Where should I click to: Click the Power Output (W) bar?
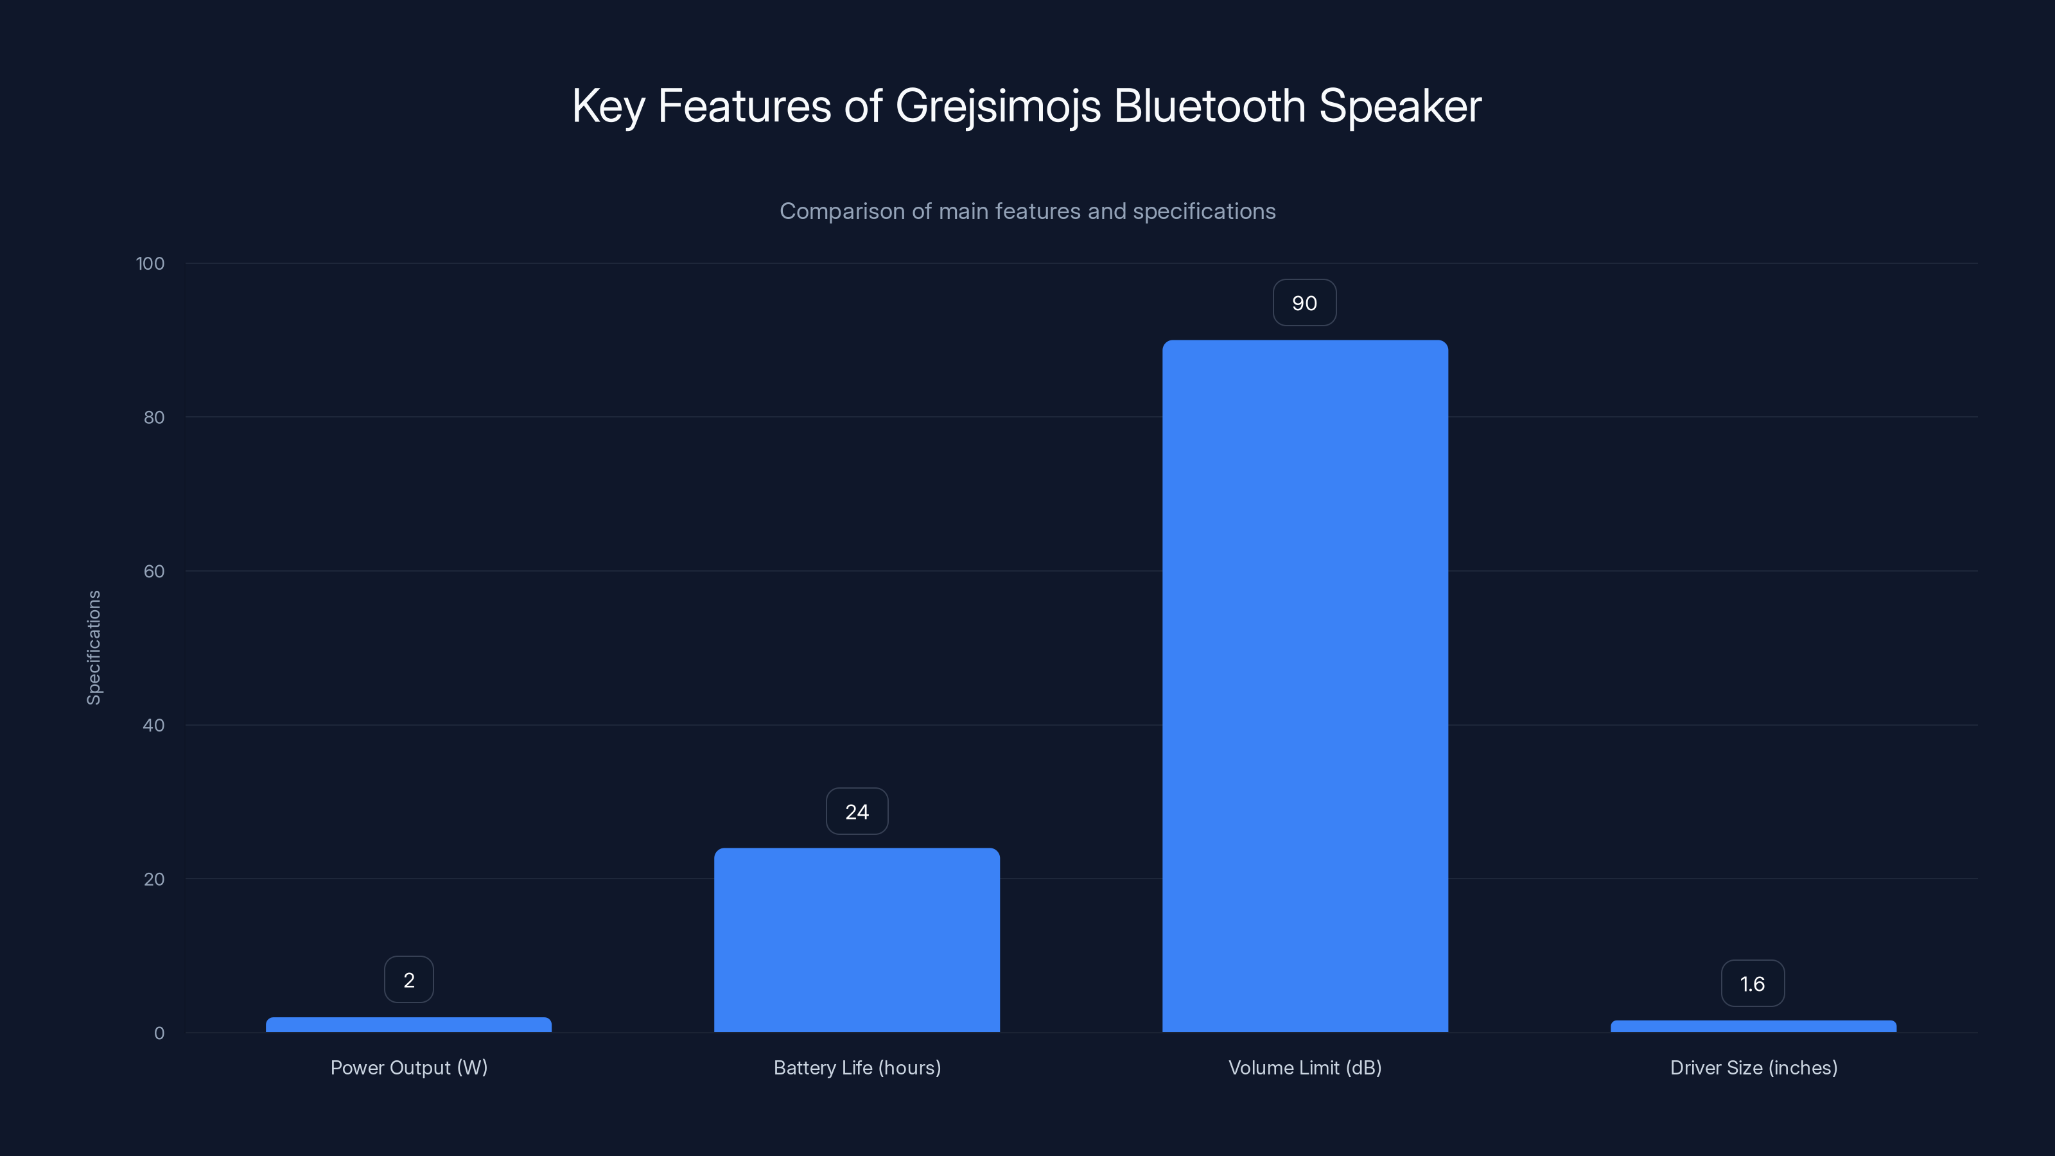(x=408, y=1024)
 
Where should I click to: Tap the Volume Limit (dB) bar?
(x=1305, y=686)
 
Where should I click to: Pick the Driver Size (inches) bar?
(x=1753, y=1026)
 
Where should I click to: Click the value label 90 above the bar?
(x=1304, y=303)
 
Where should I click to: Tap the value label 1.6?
(x=1753, y=984)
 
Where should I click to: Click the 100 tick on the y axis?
(x=150, y=263)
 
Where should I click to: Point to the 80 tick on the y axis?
(x=154, y=417)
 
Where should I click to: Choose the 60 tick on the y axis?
(x=154, y=571)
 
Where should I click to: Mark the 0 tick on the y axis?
(x=159, y=1033)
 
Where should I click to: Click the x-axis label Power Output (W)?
(x=408, y=1067)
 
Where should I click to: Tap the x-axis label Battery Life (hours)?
(x=857, y=1067)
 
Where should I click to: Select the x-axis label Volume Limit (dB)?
(x=1305, y=1067)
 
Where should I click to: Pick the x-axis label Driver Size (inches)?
(x=1753, y=1067)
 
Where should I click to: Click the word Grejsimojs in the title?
(x=998, y=106)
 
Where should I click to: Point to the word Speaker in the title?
(x=1400, y=106)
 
